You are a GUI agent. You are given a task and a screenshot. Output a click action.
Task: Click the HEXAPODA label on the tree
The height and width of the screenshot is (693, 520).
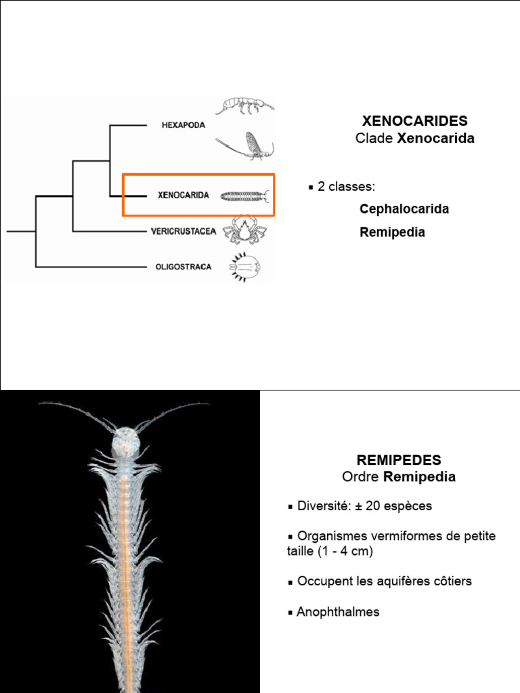tap(183, 125)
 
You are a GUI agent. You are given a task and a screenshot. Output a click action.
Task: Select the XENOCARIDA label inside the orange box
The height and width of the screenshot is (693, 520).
tap(183, 196)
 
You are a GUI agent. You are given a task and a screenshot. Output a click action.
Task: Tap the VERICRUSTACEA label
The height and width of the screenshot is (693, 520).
tap(183, 231)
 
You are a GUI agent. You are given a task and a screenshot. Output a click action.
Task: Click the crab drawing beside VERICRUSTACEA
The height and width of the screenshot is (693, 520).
tap(244, 230)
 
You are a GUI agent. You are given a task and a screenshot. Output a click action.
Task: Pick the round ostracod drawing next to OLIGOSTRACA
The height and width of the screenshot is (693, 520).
tap(244, 267)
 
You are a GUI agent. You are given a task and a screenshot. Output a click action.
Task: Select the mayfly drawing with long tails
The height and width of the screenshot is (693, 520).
tap(247, 146)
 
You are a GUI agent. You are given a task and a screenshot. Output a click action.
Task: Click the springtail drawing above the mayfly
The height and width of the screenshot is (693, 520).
tap(245, 106)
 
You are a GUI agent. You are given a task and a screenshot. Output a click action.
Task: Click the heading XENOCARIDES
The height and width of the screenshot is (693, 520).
tap(415, 121)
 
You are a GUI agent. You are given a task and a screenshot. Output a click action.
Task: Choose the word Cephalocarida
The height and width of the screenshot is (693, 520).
tap(404, 209)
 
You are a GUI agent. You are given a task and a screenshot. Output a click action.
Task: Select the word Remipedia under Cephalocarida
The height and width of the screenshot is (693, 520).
tap(392, 232)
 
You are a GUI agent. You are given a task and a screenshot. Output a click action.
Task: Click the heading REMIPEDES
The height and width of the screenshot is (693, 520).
tap(399, 460)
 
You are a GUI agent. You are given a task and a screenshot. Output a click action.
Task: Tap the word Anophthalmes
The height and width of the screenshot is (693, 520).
tap(338, 612)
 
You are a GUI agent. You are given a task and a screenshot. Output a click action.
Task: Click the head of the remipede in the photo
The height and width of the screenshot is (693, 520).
tap(125, 441)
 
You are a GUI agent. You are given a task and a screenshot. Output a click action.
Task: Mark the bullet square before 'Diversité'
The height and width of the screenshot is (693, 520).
tap(290, 507)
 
